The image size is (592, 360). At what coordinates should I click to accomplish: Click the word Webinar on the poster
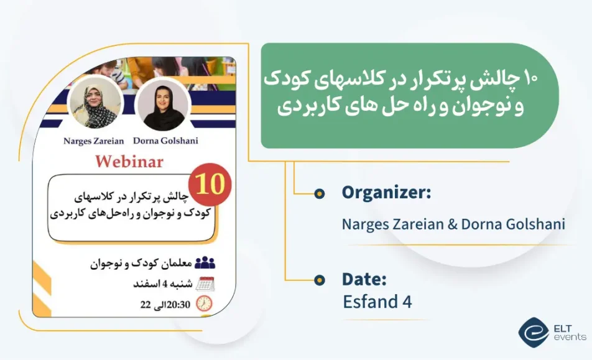pos(129,162)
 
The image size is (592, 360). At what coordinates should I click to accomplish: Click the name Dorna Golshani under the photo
pos(166,141)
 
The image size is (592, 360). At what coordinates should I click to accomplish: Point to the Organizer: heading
pos(386,193)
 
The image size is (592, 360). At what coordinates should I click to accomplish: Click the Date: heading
pos(364,280)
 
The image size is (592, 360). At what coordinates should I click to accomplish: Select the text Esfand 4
pos(377,302)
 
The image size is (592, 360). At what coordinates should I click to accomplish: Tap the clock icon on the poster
pos(204,303)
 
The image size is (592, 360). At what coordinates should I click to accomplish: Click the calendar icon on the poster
pos(205,284)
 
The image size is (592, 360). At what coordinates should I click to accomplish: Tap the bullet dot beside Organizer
pos(319,194)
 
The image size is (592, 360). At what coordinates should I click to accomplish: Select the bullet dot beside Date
pos(319,280)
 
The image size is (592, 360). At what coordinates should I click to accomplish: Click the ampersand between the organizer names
pos(453,224)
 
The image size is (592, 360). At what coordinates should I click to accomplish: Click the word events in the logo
pos(570,337)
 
